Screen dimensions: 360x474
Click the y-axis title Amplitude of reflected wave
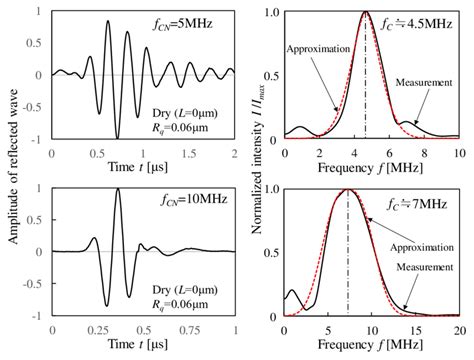click(9, 170)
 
